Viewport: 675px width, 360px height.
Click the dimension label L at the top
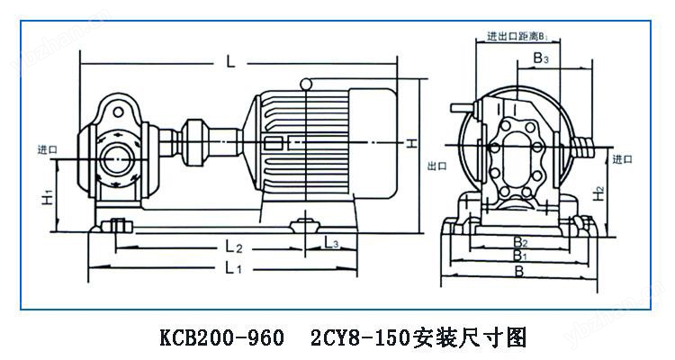[231, 62]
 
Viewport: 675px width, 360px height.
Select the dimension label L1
[232, 268]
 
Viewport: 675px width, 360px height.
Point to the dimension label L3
[330, 244]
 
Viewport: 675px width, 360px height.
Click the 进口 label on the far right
[621, 158]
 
